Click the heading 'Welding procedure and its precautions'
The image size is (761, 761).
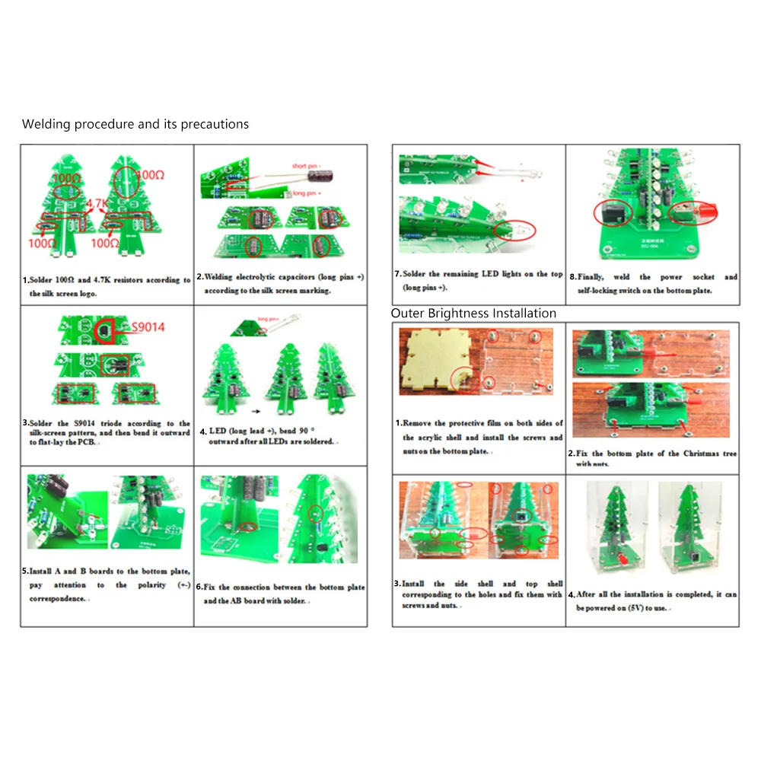135,124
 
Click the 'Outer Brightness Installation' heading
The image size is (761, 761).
473,314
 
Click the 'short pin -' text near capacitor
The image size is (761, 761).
309,165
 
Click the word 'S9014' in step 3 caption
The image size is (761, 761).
79,423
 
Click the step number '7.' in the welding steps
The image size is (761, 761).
397,274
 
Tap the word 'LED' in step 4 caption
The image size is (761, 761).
218,431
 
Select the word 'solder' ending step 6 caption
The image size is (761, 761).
291,600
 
